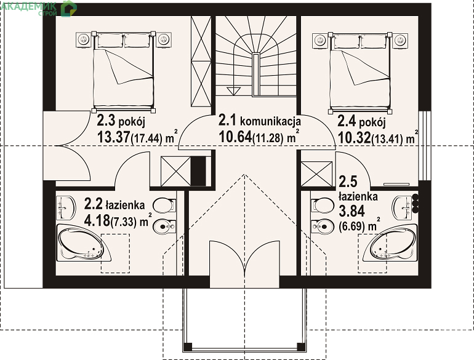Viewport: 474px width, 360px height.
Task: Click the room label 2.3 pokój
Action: click(x=121, y=121)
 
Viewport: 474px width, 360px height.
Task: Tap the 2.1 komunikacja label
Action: click(x=260, y=121)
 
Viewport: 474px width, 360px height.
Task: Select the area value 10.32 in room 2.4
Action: click(x=354, y=138)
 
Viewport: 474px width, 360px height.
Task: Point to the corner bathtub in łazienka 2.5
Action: click(x=390, y=243)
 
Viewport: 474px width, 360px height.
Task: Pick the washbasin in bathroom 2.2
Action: click(x=66, y=208)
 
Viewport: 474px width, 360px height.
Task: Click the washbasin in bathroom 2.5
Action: click(x=402, y=207)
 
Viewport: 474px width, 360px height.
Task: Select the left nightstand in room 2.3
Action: click(x=83, y=40)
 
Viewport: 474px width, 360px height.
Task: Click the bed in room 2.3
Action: click(x=123, y=71)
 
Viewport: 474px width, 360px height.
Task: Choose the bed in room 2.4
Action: click(x=360, y=71)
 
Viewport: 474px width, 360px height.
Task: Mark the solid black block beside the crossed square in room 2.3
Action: click(x=198, y=171)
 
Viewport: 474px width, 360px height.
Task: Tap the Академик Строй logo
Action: click(x=38, y=8)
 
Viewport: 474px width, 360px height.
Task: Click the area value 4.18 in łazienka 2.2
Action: click(x=97, y=220)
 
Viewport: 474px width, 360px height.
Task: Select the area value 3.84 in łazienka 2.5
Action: click(x=351, y=211)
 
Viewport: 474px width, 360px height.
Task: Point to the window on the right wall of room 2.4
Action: click(x=424, y=146)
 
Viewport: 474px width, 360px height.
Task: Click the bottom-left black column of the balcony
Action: click(x=188, y=346)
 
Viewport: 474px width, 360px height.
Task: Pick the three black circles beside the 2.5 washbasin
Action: click(x=416, y=203)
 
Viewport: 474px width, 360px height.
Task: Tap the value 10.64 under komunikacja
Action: click(x=235, y=137)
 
